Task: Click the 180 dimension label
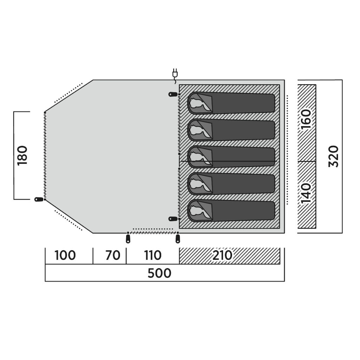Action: pyautogui.click(x=22, y=155)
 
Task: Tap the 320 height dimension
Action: pyautogui.click(x=333, y=156)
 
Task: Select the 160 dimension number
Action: pyautogui.click(x=306, y=119)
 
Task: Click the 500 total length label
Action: pyautogui.click(x=159, y=273)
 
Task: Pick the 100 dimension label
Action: pyautogui.click(x=65, y=255)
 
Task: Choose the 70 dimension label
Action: pyautogui.click(x=113, y=255)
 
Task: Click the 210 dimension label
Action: pyautogui.click(x=222, y=255)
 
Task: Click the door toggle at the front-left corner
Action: pyautogui.click(x=39, y=199)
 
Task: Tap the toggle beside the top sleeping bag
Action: pyautogui.click(x=173, y=94)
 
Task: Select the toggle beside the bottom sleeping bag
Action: pyautogui.click(x=173, y=219)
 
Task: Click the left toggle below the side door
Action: pyautogui.click(x=128, y=239)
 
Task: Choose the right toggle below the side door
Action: pyautogui.click(x=178, y=239)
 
